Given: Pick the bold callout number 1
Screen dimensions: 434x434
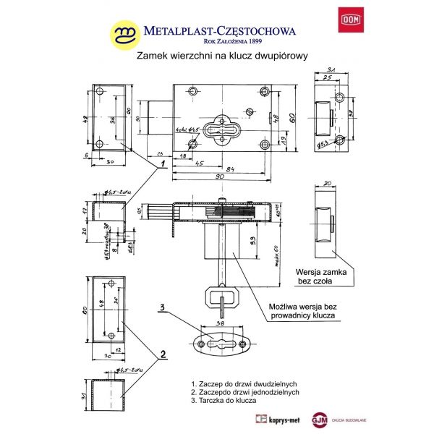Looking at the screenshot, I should click(163, 163).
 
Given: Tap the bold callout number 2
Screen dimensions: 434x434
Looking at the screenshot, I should click(163, 354).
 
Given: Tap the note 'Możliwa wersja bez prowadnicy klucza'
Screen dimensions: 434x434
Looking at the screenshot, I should click(305, 310).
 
